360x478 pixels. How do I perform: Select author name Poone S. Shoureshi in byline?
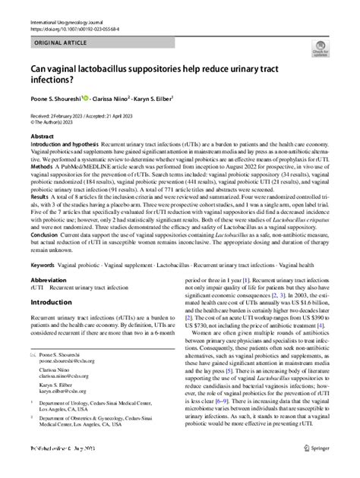(x=62, y=97)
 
